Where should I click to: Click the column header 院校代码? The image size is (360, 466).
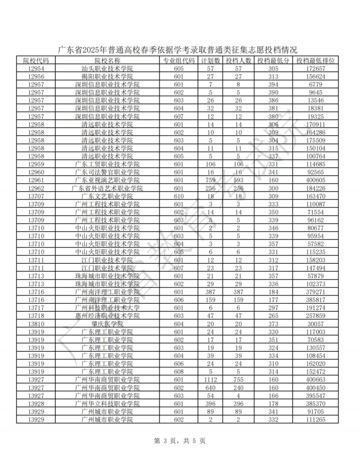(35, 60)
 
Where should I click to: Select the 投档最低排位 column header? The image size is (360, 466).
(315, 60)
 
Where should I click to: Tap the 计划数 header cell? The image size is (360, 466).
(210, 60)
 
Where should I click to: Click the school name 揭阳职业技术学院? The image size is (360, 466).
(107, 76)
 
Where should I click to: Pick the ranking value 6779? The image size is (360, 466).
(315, 84)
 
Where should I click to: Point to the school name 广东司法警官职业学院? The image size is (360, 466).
(107, 172)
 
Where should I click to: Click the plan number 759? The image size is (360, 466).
(210, 180)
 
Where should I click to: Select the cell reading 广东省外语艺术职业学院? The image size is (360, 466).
(107, 188)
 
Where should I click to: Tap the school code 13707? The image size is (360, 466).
(35, 196)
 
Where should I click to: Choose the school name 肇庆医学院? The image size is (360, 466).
(107, 324)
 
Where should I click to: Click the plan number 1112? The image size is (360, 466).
(210, 380)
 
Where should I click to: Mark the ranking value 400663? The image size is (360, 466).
(315, 380)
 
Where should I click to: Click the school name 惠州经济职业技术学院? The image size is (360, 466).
(107, 316)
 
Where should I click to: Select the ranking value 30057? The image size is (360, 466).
(315, 324)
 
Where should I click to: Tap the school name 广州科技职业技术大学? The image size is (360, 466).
(107, 308)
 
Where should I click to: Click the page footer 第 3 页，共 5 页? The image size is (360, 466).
(180, 441)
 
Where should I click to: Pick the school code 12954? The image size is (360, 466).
(35, 68)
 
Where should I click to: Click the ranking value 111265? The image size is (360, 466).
(315, 420)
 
